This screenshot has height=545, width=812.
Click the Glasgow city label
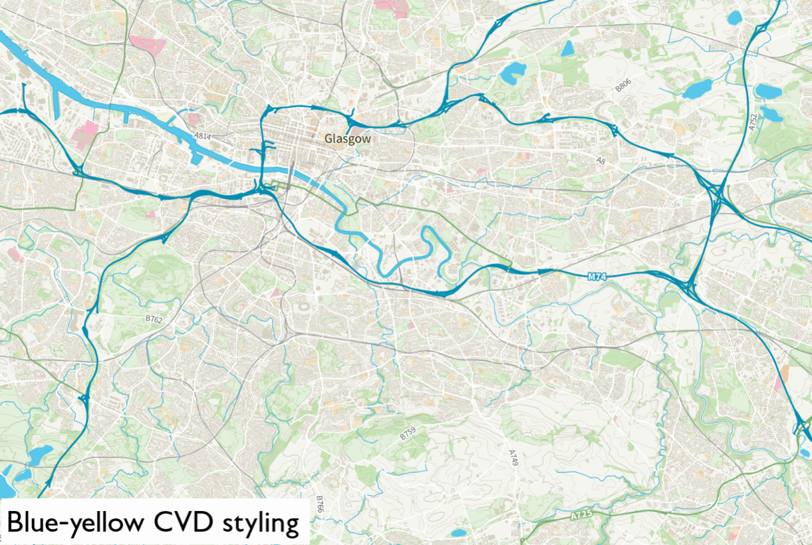pyautogui.click(x=347, y=139)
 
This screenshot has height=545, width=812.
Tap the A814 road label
pyautogui.click(x=202, y=136)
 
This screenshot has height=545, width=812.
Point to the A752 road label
pyautogui.click(x=753, y=122)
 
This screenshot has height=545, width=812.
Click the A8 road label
pyautogui.click(x=601, y=160)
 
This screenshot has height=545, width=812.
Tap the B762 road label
pyautogui.click(x=154, y=319)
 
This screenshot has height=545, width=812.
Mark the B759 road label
pyautogui.click(x=408, y=435)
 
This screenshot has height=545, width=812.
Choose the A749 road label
pyautogui.click(x=513, y=458)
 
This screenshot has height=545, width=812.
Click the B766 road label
pyautogui.click(x=320, y=504)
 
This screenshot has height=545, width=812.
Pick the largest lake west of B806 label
pyautogui.click(x=513, y=73)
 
